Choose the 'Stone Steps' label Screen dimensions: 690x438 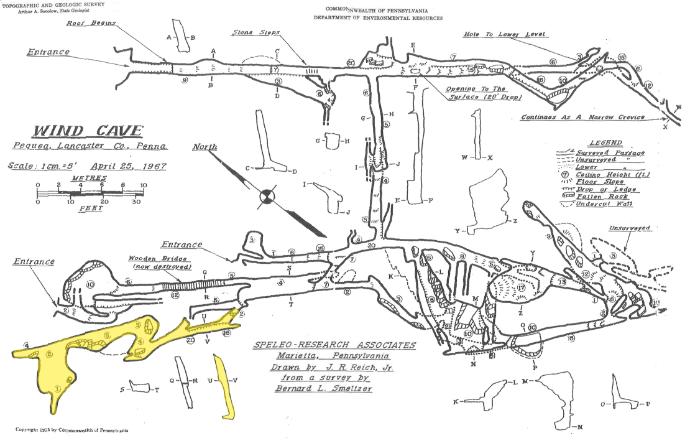256,32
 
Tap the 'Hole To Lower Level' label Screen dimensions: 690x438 505,34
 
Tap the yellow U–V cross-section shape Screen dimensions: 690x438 224,386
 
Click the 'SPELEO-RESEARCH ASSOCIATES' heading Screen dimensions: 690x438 334,345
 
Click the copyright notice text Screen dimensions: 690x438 72,430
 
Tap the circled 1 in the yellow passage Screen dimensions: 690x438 57,388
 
